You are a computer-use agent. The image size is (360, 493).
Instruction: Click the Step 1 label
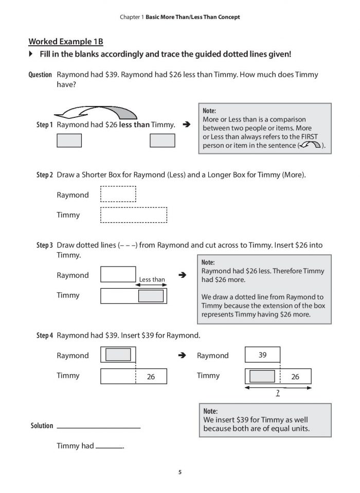[45, 125]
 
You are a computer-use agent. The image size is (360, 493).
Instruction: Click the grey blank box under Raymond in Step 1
[68, 140]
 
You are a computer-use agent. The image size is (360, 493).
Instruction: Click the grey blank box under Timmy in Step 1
[161, 140]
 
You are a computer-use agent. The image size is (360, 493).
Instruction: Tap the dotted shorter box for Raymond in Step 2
[118, 195]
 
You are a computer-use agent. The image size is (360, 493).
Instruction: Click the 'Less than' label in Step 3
[152, 280]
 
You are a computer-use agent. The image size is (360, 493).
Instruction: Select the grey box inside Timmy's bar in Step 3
[151, 295]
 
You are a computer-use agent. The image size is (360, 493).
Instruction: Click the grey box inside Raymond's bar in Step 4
[118, 355]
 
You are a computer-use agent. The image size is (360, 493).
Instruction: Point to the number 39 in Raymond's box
[262, 355]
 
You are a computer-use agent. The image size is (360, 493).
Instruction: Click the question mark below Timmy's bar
[278, 393]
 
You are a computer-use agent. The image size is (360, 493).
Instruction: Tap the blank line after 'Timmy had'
[109, 447]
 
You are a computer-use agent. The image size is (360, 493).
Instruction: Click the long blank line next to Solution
[98, 427]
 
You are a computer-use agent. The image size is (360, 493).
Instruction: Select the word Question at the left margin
[40, 75]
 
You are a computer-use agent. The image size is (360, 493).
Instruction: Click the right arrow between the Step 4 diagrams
[182, 355]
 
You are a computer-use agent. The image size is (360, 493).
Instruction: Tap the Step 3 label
[45, 245]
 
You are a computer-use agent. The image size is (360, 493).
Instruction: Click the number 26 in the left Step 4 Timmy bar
[151, 377]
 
